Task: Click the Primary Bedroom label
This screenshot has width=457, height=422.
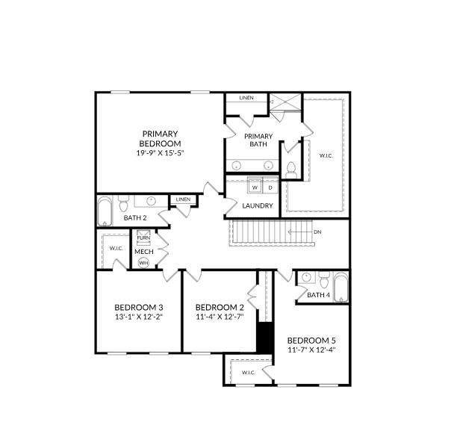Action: pyautogui.click(x=160, y=139)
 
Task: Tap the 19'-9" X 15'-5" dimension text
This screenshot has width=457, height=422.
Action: pyautogui.click(x=160, y=152)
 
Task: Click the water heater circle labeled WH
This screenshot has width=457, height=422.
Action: pyautogui.click(x=143, y=263)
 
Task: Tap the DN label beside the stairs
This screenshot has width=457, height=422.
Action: pyautogui.click(x=317, y=232)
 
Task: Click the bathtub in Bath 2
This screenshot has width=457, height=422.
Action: pyautogui.click(x=105, y=211)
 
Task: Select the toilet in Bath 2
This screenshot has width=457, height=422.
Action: pyautogui.click(x=124, y=203)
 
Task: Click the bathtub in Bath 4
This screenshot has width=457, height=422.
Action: pyautogui.click(x=341, y=288)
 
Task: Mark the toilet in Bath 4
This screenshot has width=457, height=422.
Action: pyautogui.click(x=323, y=280)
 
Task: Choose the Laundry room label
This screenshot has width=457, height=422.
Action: pyautogui.click(x=258, y=205)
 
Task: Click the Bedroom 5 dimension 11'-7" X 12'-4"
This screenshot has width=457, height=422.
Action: pyautogui.click(x=311, y=350)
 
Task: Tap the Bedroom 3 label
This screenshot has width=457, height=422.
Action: pyautogui.click(x=139, y=308)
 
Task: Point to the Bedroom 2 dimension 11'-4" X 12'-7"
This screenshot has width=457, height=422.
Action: pyautogui.click(x=220, y=317)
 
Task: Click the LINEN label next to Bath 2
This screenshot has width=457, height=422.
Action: pyautogui.click(x=184, y=199)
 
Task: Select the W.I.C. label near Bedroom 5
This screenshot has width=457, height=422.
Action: pyautogui.click(x=249, y=373)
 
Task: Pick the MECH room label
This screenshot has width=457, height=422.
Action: pyautogui.click(x=144, y=252)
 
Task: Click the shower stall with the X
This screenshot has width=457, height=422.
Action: pyautogui.click(x=285, y=102)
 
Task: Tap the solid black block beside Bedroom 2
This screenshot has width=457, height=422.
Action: pyautogui.click(x=265, y=338)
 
